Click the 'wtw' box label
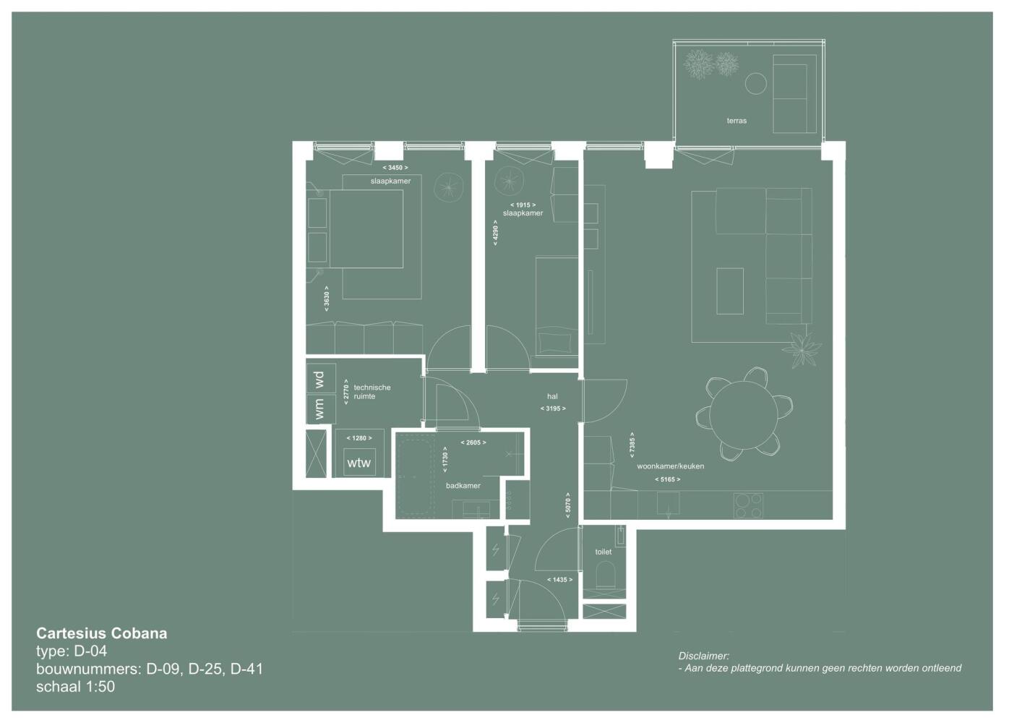tap(359, 463)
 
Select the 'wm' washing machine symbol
tap(321, 408)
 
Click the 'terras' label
tap(737, 121)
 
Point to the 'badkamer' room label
tap(463, 486)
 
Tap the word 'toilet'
tap(604, 552)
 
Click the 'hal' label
tap(552, 397)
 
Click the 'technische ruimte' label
tap(372, 392)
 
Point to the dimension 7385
tap(632, 445)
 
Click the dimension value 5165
tap(668, 480)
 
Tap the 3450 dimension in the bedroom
tap(395, 168)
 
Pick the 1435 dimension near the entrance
tap(559, 580)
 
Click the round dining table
tap(743, 415)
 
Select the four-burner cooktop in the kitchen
tap(748, 505)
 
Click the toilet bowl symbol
tap(606, 574)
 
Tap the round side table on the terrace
tap(755, 84)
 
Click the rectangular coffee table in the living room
tap(729, 291)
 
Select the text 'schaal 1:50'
tap(75, 686)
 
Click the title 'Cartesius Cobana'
tap(102, 633)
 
